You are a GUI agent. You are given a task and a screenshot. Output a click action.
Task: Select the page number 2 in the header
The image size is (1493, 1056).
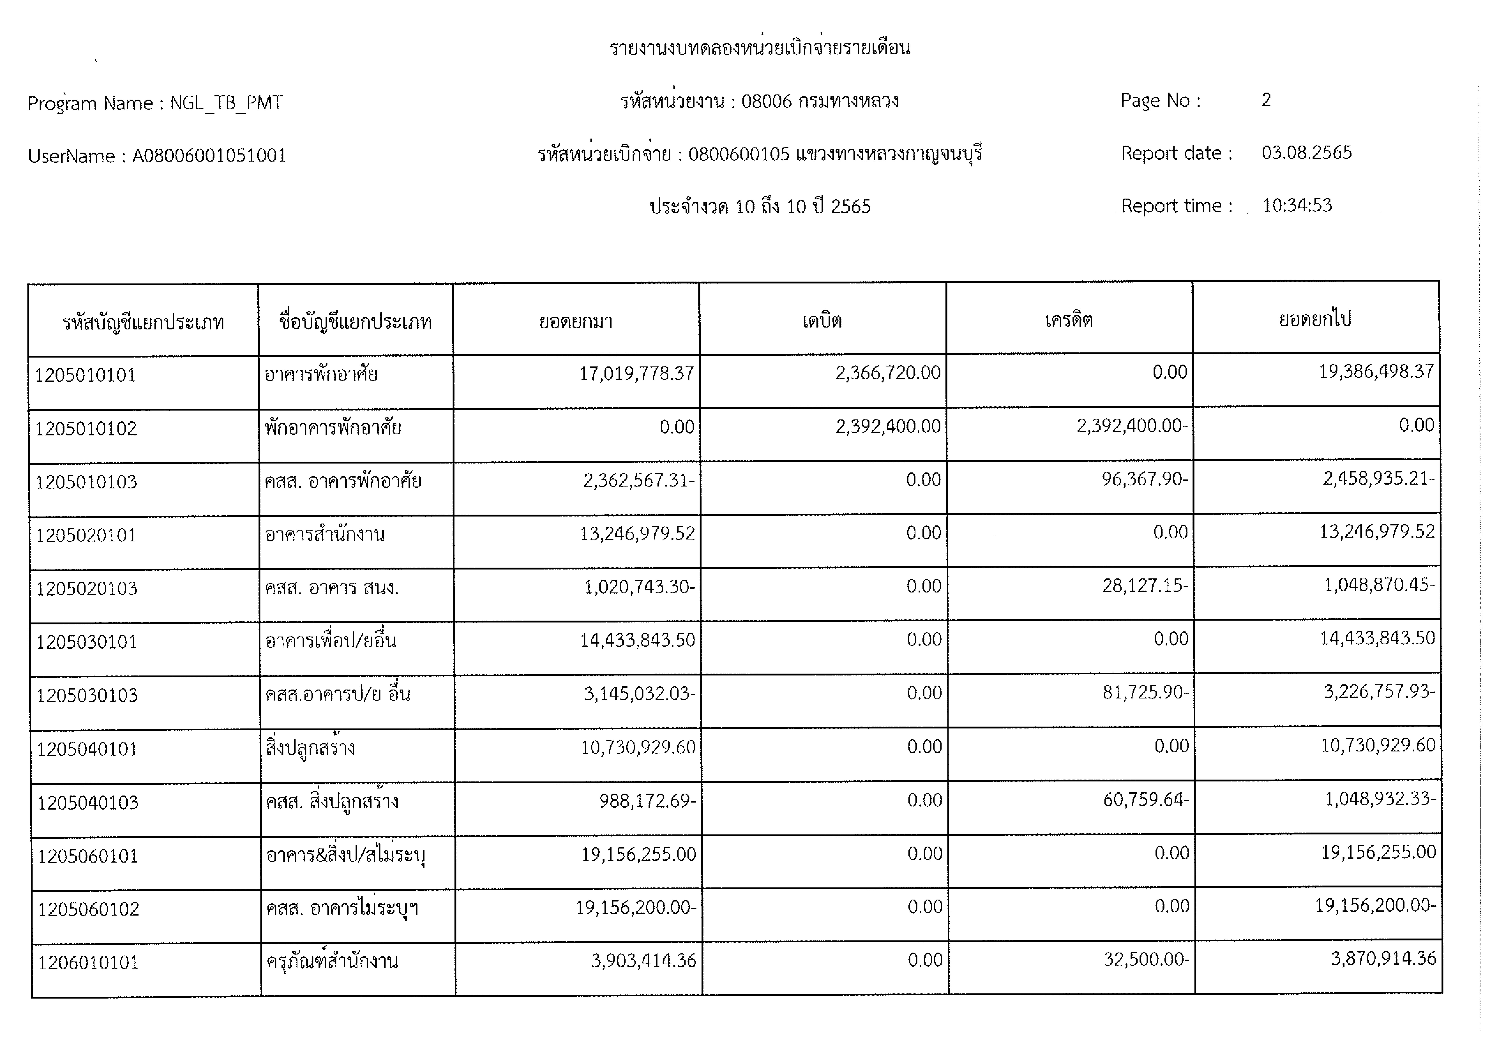tap(1266, 99)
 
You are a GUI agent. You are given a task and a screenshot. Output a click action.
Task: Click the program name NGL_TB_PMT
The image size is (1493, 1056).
tap(226, 103)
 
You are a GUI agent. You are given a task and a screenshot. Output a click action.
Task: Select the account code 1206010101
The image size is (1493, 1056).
tap(89, 962)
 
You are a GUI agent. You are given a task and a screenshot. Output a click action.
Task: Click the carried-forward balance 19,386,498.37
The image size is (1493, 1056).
tap(1376, 371)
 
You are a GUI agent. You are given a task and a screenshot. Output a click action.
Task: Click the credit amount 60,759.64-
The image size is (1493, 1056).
tap(1146, 799)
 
